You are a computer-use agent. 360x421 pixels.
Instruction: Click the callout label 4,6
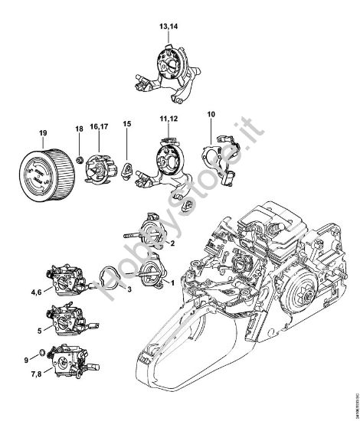37,292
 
